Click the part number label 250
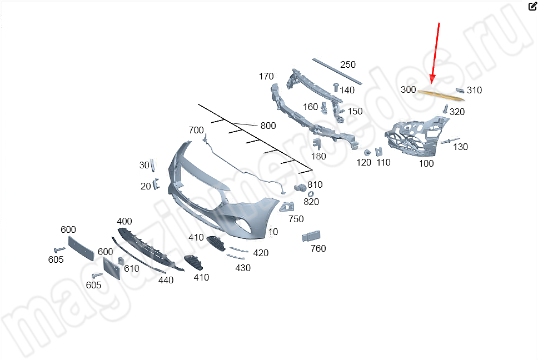pos(348,64)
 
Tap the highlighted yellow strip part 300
pos(441,95)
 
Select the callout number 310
pos(474,90)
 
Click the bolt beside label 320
pos(445,109)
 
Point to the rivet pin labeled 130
pos(450,141)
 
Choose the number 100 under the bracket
pos(426,163)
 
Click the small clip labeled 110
pos(379,152)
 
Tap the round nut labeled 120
pos(367,152)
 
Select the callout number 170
pos(266,76)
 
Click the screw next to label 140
pos(336,87)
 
